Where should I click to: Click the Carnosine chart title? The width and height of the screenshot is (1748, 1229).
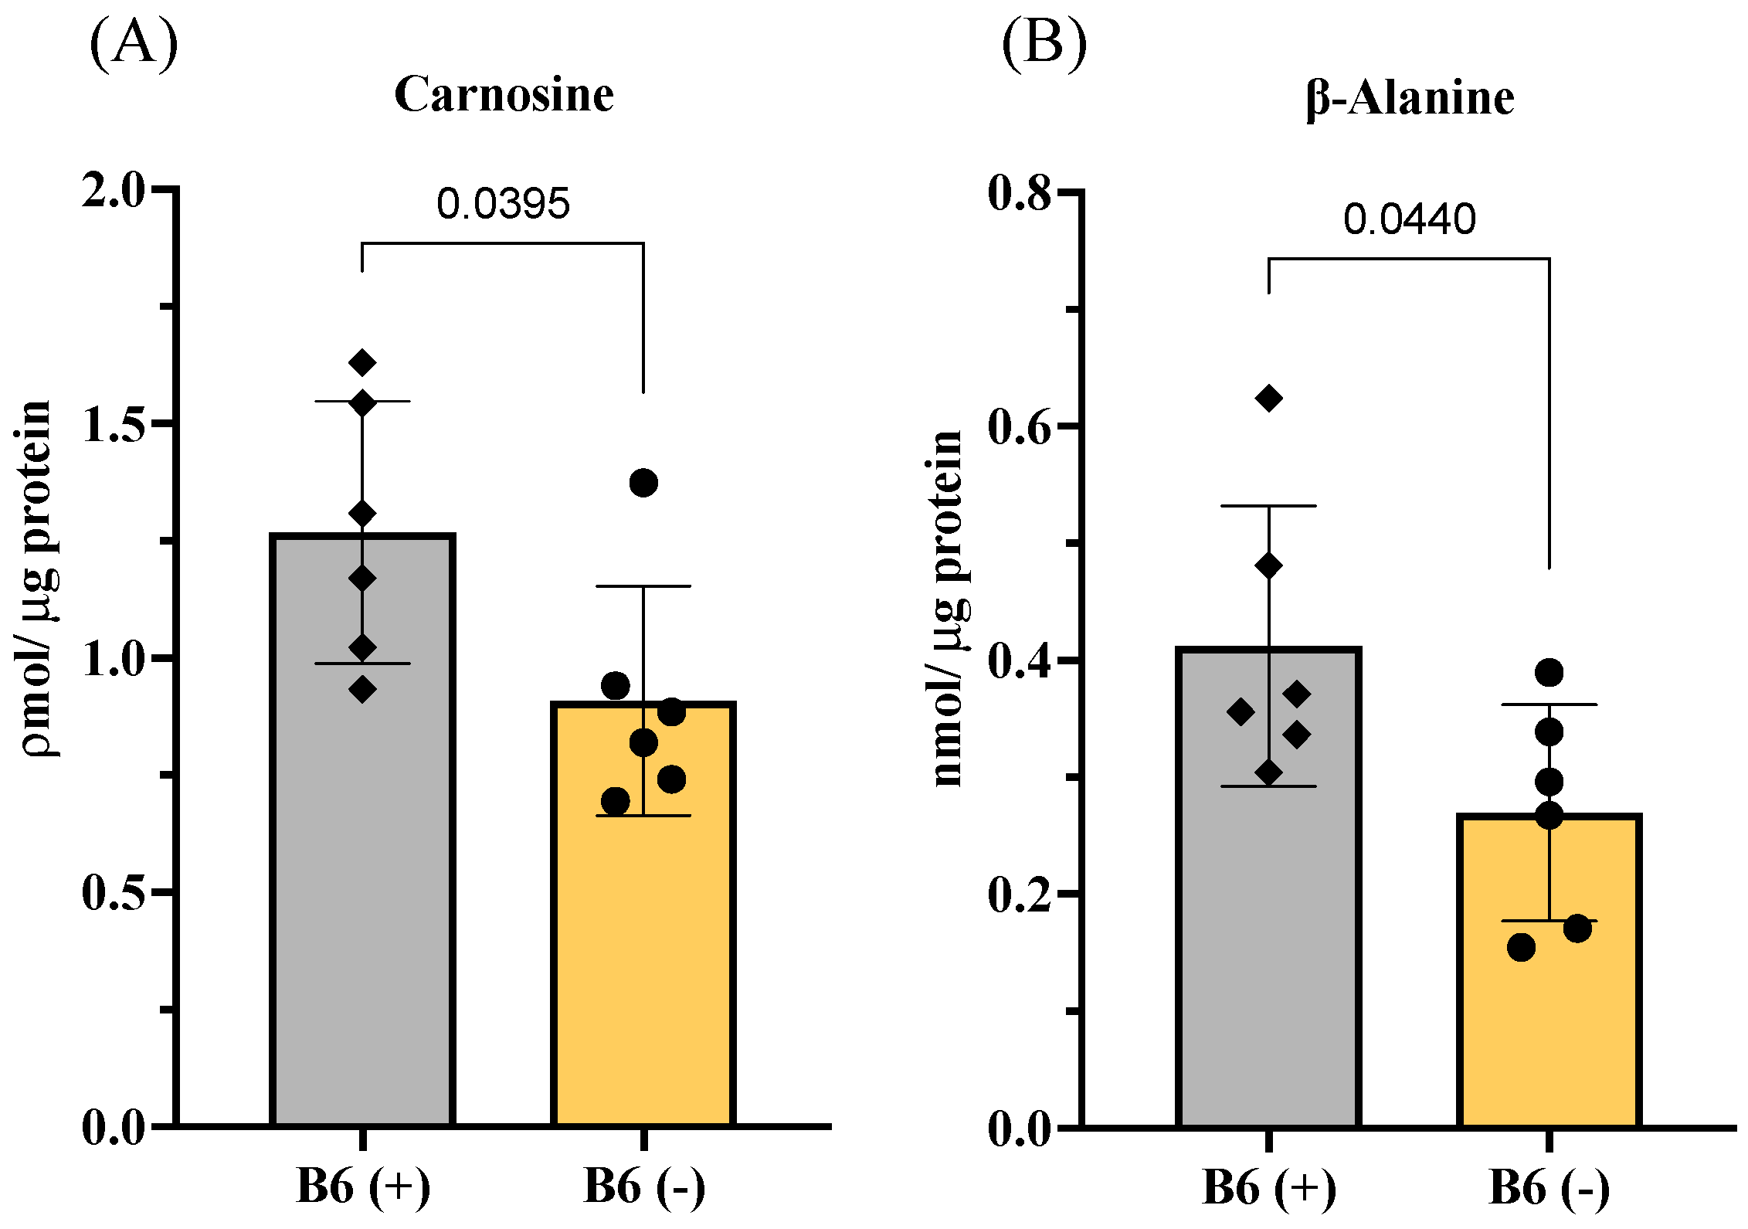click(504, 95)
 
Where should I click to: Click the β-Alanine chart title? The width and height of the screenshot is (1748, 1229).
click(1410, 99)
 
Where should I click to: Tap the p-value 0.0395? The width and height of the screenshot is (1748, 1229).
click(503, 204)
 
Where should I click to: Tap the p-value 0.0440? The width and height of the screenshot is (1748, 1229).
click(1409, 219)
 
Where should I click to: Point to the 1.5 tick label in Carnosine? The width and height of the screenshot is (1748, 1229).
click(114, 424)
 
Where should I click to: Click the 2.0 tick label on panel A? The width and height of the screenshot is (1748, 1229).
click(114, 189)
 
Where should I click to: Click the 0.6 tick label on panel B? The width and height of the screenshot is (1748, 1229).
click(1020, 426)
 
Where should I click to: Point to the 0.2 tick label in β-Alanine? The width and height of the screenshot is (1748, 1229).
click(1020, 895)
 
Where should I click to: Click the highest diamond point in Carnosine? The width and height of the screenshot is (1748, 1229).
click(362, 362)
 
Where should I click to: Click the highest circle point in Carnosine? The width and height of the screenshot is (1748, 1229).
click(643, 484)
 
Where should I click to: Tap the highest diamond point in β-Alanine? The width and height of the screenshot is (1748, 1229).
click(1268, 399)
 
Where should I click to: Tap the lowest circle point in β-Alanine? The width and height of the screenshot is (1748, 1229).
click(1521, 947)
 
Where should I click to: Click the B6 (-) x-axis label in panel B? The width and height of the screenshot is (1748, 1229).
click(1549, 1187)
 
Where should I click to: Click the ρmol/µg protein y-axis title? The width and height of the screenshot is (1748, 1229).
click(36, 579)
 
